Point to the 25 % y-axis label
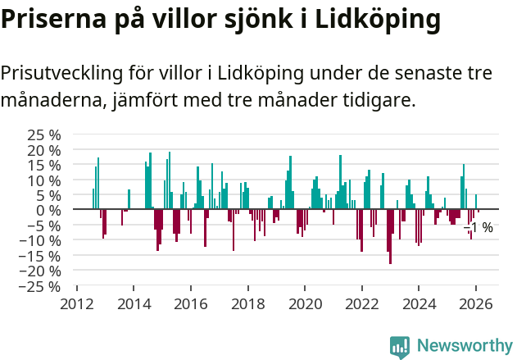(x=45, y=135)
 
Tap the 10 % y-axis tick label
(x=45, y=180)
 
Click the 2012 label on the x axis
(x=77, y=303)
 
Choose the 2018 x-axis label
(x=247, y=303)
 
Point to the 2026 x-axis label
(x=475, y=303)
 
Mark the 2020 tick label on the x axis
(x=305, y=303)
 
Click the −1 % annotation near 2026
(x=478, y=227)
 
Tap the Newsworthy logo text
(x=464, y=346)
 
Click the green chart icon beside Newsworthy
(x=400, y=347)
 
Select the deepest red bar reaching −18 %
(x=390, y=237)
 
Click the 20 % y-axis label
(x=45, y=150)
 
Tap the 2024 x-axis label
(x=419, y=303)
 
